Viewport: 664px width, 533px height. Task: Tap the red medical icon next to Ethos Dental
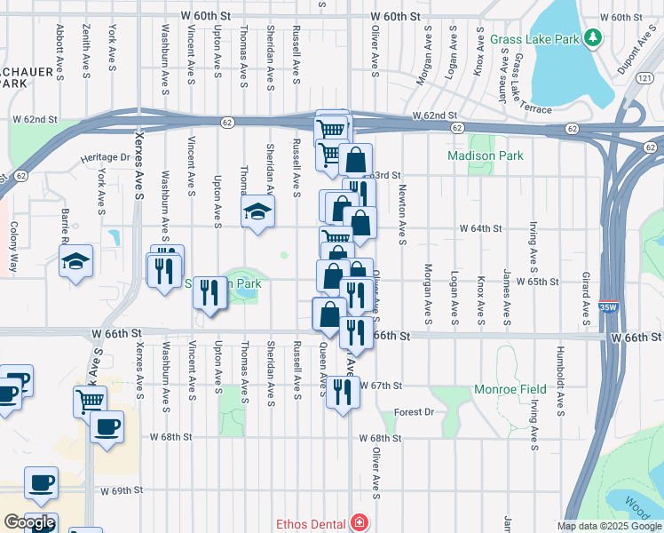tap(359, 522)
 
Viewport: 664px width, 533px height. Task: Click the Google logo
tap(29, 522)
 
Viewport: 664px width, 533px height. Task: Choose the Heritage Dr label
tap(106, 157)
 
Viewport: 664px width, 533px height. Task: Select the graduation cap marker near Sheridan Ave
tap(257, 211)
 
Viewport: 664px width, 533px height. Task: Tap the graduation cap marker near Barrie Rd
tap(76, 261)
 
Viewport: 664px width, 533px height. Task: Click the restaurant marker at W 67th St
tap(343, 391)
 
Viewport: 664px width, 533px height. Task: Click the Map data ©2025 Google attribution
tap(609, 526)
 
